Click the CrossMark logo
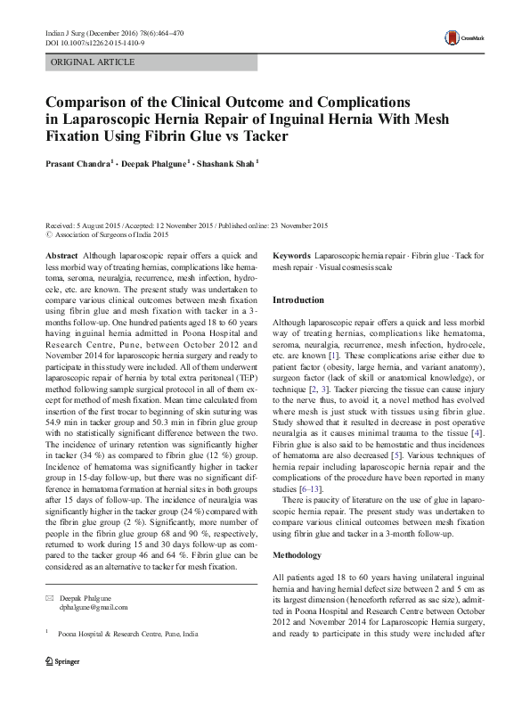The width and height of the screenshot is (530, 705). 461,37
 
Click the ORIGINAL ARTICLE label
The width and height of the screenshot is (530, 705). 94,62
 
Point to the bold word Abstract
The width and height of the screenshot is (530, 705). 61,255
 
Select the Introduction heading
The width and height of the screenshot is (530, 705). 298,300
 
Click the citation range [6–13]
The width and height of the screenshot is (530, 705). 308,514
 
